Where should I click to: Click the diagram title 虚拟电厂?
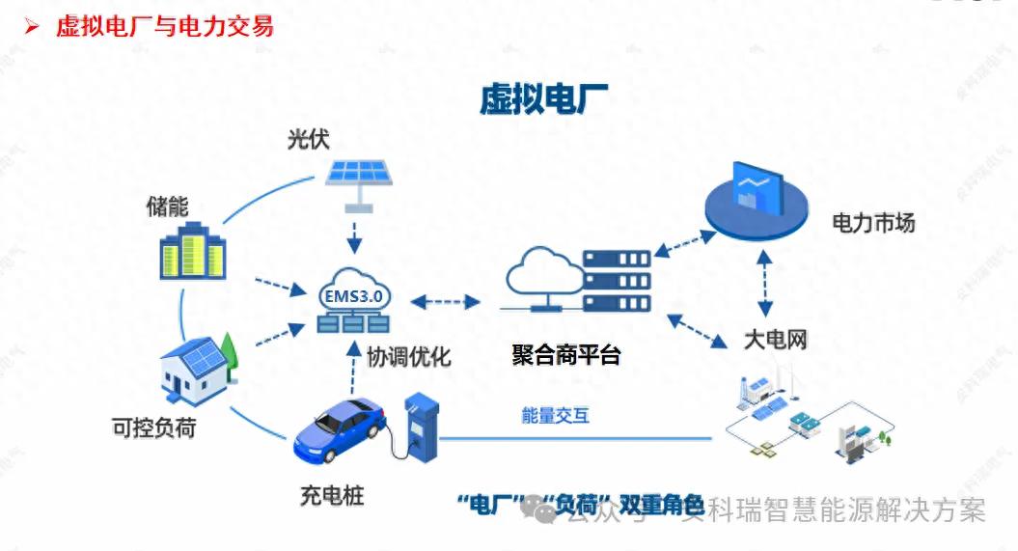[543, 99]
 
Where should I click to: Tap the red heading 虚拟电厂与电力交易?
[164, 26]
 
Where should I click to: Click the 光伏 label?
[308, 139]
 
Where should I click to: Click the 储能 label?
[167, 206]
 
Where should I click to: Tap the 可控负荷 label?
[154, 427]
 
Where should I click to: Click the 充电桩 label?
[332, 498]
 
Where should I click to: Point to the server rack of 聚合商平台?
[617, 280]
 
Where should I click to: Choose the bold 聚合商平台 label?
[565, 354]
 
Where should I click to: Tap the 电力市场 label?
[873, 224]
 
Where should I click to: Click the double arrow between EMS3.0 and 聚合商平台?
[446, 302]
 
